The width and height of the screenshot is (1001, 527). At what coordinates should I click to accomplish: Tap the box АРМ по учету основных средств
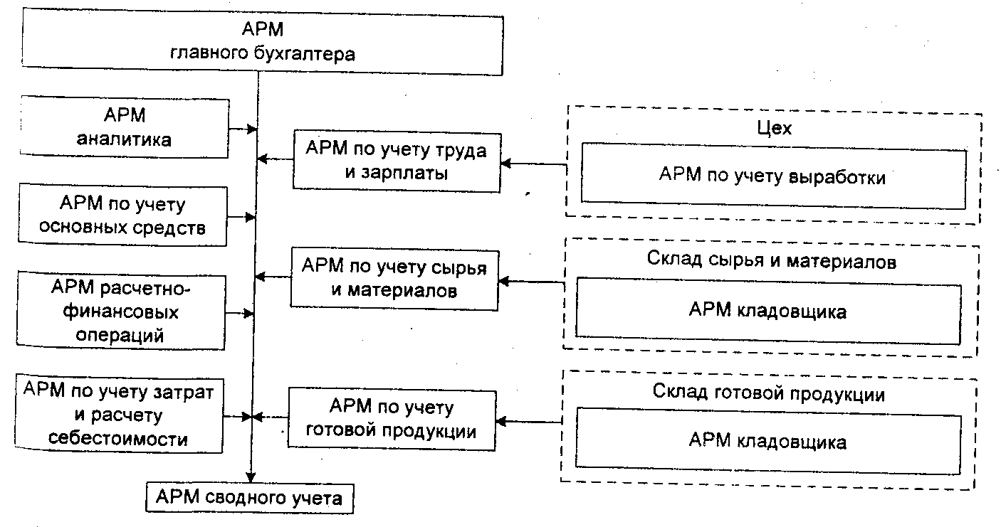[x=124, y=216]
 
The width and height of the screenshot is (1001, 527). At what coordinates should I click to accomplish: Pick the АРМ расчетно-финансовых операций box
[x=124, y=311]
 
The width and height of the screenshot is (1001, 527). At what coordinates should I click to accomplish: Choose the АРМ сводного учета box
[x=249, y=497]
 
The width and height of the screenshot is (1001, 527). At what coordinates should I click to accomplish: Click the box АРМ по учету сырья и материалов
[x=394, y=278]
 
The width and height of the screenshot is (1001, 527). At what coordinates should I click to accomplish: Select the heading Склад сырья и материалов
[x=772, y=260]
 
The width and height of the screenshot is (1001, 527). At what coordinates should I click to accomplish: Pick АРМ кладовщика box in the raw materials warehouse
[x=768, y=311]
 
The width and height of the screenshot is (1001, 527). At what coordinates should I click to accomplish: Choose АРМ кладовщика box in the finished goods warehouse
[x=768, y=441]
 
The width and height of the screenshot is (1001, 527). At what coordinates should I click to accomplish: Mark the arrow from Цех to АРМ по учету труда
[x=534, y=164]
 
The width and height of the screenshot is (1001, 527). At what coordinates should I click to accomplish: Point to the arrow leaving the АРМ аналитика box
[x=243, y=129]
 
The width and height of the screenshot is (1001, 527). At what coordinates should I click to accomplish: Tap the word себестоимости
[x=118, y=438]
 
